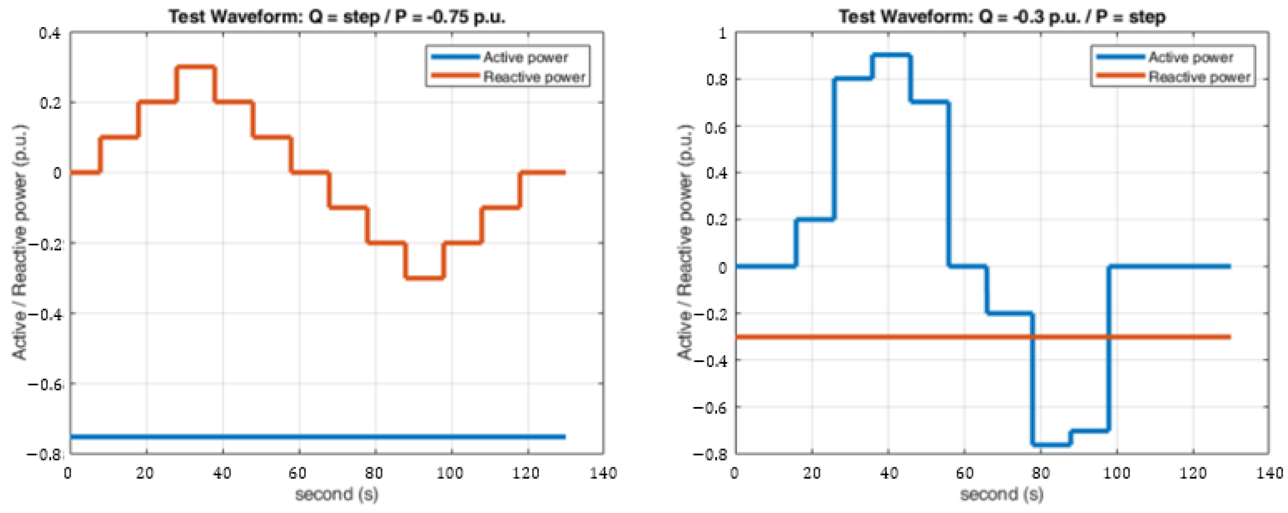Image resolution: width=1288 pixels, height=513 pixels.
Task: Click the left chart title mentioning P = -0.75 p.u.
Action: [337, 17]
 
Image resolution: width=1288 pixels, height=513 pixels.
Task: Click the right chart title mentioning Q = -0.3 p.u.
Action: [1002, 17]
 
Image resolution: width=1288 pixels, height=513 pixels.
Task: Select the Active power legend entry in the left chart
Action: [525, 57]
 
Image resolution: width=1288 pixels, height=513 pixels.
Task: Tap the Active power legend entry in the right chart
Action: [1190, 57]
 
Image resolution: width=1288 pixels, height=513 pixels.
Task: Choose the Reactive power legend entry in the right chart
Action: [1199, 77]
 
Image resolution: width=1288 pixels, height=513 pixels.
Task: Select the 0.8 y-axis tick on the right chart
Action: [716, 80]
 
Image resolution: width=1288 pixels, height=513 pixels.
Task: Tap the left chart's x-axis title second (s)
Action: [337, 495]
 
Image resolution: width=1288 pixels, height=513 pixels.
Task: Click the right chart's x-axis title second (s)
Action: [1002, 495]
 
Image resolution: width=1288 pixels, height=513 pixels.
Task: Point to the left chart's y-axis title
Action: [20, 243]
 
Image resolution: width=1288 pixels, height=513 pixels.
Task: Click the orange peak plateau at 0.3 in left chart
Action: [195, 67]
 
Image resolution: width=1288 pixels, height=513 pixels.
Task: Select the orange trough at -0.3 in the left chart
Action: [425, 278]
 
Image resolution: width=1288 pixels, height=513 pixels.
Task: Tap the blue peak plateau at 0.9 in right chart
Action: [891, 55]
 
